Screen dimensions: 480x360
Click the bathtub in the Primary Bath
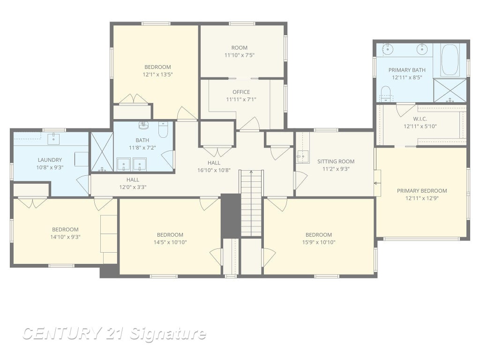pyautogui.click(x=450, y=60)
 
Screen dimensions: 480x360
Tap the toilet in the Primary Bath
pyautogui.click(x=386, y=94)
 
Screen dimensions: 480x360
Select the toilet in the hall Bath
pyautogui.click(x=163, y=129)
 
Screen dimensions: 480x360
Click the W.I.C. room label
pyautogui.click(x=420, y=119)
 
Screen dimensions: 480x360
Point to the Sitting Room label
pyautogui.click(x=336, y=161)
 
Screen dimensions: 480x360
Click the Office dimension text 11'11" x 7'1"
pyautogui.click(x=241, y=99)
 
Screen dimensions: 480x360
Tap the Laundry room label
pyautogui.click(x=50, y=160)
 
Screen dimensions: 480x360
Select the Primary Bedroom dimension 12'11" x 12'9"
pyautogui.click(x=422, y=198)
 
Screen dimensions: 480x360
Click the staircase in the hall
pyautogui.click(x=251, y=203)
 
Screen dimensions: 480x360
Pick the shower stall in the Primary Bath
pyautogui.click(x=450, y=90)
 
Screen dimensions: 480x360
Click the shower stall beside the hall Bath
pyautogui.click(x=102, y=151)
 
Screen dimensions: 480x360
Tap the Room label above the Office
pyautogui.click(x=240, y=48)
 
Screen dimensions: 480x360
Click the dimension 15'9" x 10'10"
pyautogui.click(x=319, y=242)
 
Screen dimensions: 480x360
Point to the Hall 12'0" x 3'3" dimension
pyautogui.click(x=133, y=187)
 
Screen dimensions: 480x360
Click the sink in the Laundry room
pyautogui.click(x=53, y=139)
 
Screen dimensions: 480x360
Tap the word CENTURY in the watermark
pyautogui.click(x=62, y=333)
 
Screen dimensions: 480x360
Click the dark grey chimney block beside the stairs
pyautogui.click(x=231, y=216)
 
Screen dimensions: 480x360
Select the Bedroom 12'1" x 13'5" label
pyautogui.click(x=157, y=67)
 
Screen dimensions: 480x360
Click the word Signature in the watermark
pyautogui.click(x=168, y=334)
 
